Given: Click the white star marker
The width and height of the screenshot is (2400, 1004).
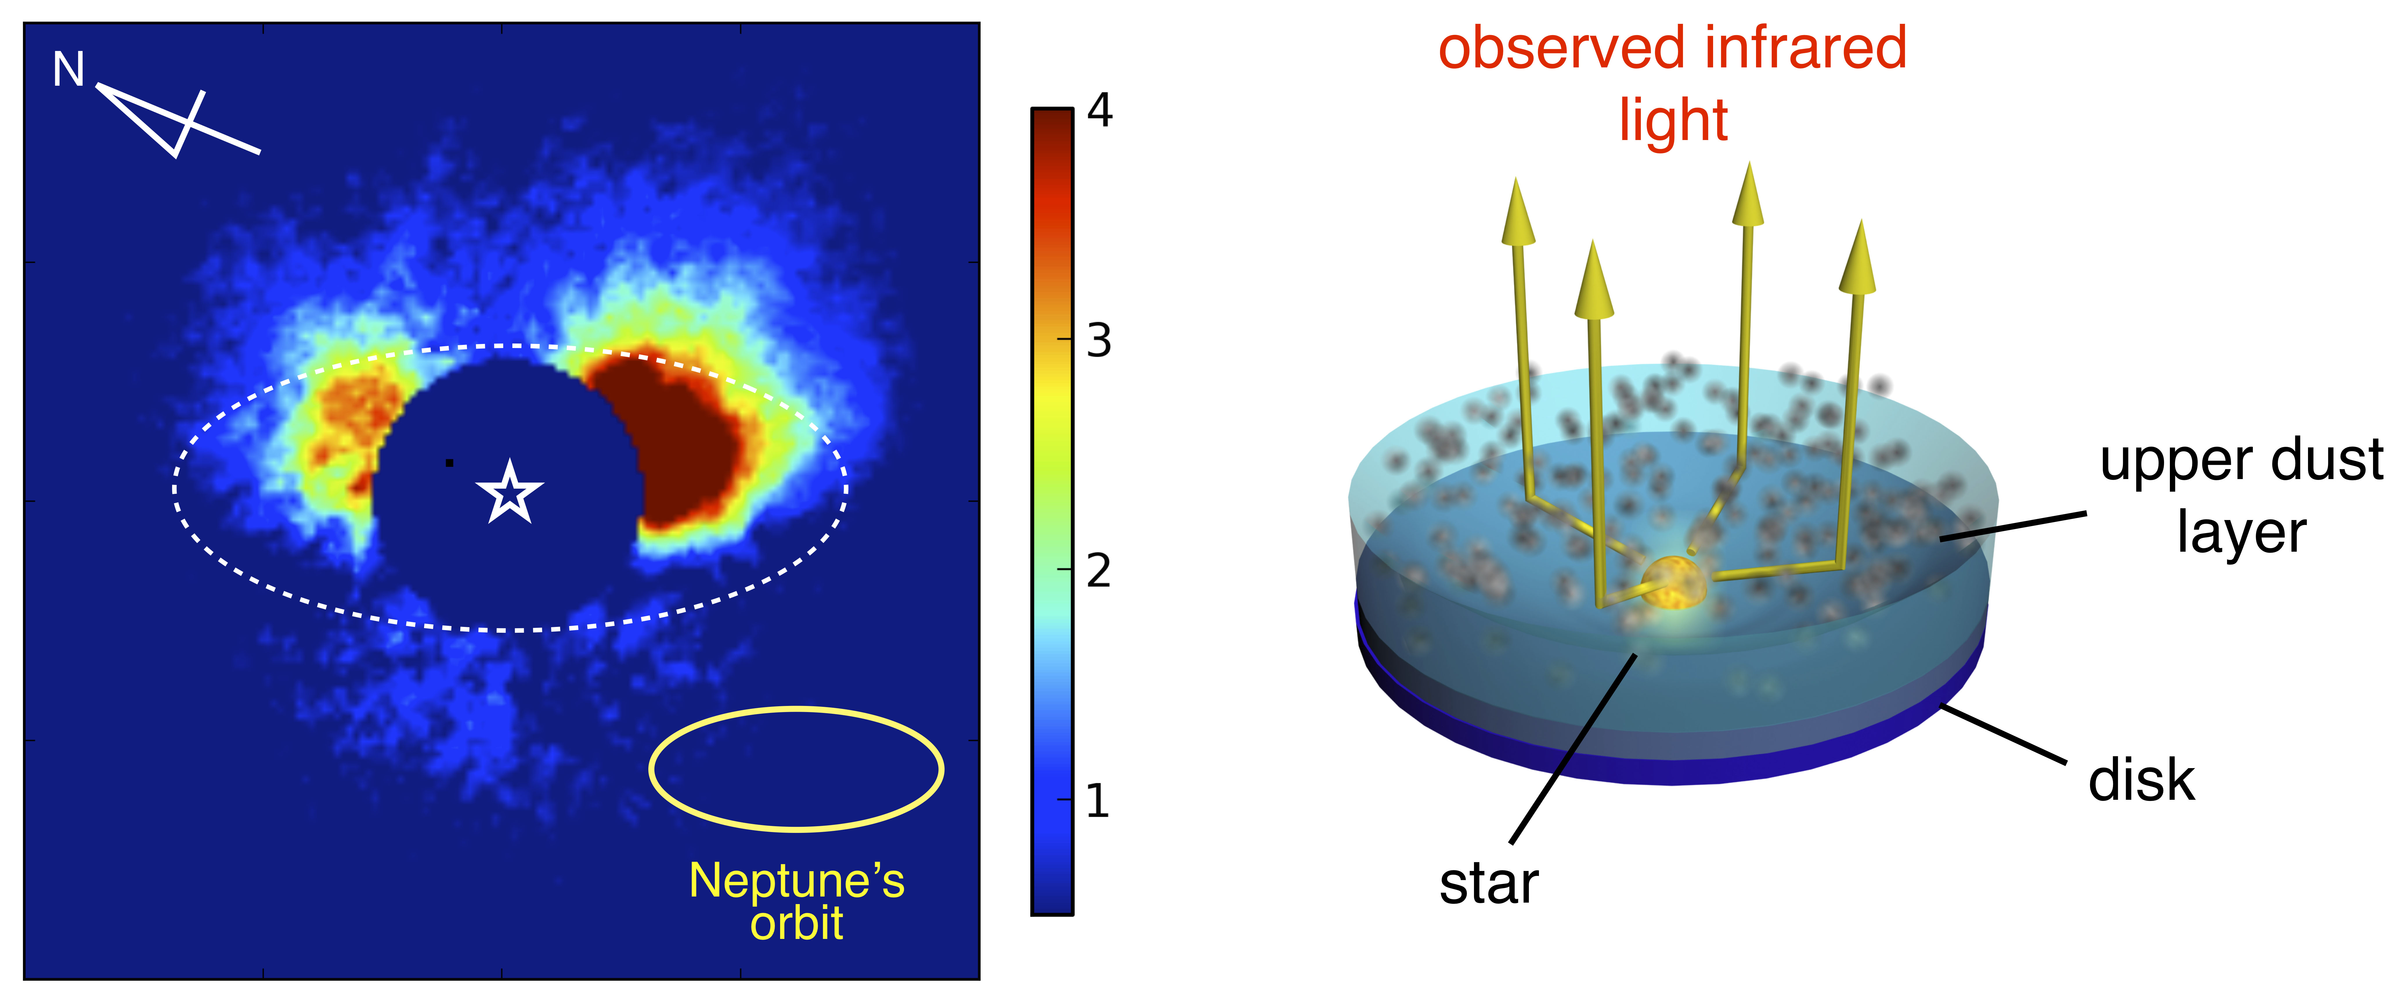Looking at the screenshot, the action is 509,492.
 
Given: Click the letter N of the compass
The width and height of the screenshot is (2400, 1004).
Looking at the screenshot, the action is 69,70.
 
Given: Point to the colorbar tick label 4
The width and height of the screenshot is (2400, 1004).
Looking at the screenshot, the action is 1099,111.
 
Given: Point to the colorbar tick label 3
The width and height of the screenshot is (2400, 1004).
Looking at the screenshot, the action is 1099,341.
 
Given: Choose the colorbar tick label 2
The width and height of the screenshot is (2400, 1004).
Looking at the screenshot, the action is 1099,571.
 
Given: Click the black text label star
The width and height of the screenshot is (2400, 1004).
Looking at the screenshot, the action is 1489,884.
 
